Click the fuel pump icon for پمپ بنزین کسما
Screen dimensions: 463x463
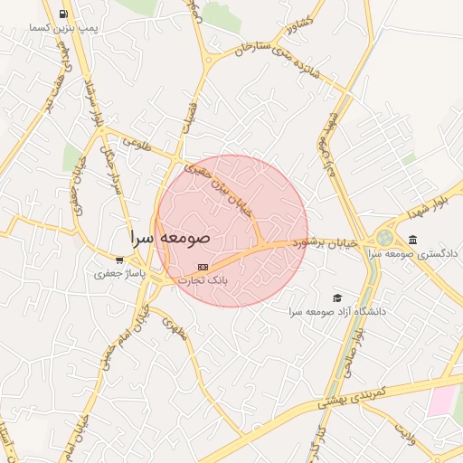click(62, 14)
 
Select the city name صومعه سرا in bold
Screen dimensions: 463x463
click(169, 238)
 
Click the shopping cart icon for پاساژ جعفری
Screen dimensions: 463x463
click(119, 260)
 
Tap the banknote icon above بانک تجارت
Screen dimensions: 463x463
click(203, 267)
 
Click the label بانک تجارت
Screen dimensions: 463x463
click(203, 280)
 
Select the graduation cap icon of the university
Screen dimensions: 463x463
click(337, 298)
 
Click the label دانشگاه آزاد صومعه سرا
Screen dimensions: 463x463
click(337, 311)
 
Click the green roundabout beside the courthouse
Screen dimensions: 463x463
click(385, 238)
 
